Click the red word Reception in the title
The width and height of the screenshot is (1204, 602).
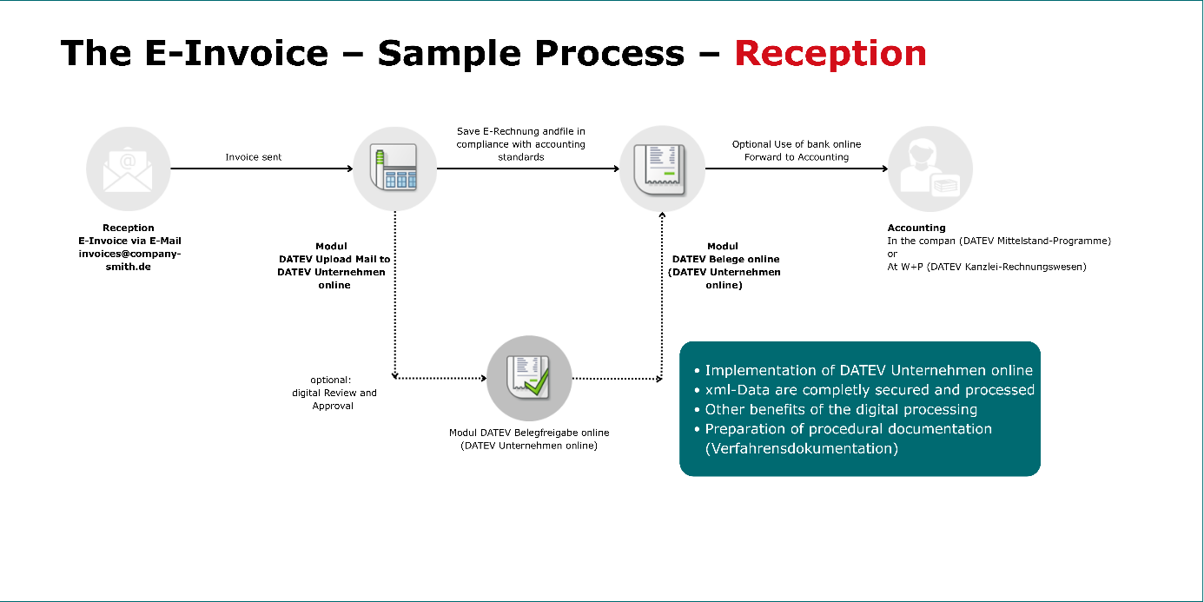[x=830, y=54]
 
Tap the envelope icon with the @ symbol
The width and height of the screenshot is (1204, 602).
[x=128, y=169]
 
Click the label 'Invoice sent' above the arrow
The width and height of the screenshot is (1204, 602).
[x=254, y=157]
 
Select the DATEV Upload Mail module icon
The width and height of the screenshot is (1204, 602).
[x=394, y=169]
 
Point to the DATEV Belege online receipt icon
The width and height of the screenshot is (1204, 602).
[x=662, y=169]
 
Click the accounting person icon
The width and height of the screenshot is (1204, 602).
[x=929, y=169]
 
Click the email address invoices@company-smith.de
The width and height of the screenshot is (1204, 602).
[x=129, y=260]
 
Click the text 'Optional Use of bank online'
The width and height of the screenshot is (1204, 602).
[x=797, y=144]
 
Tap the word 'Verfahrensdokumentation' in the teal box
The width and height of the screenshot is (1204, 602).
[x=802, y=448]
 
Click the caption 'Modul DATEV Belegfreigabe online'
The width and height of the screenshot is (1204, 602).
[x=529, y=433]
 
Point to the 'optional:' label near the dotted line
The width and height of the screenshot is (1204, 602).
[x=330, y=380]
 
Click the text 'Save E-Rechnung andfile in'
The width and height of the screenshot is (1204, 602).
[x=521, y=131]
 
